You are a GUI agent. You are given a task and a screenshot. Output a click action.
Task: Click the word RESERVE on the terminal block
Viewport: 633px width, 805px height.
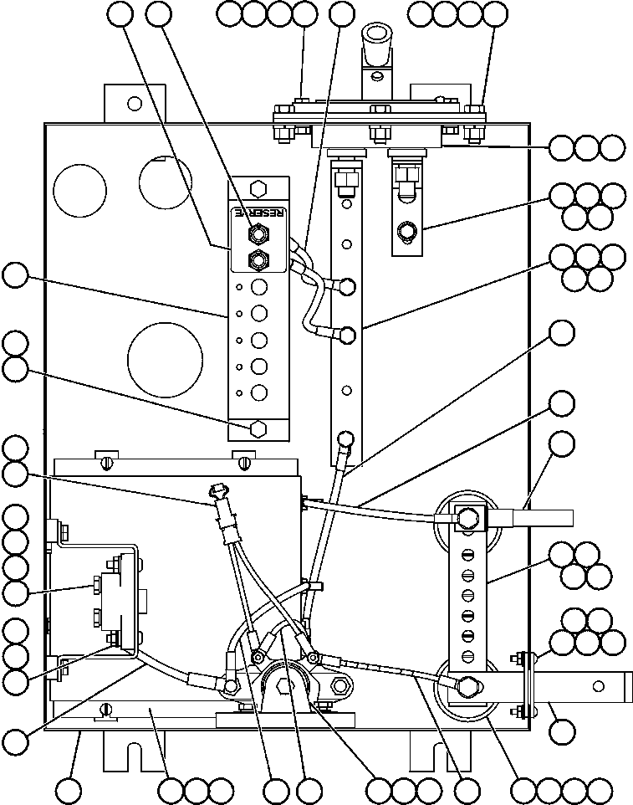pos(258,213)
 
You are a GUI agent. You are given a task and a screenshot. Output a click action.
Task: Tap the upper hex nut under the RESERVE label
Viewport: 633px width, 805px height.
pos(258,234)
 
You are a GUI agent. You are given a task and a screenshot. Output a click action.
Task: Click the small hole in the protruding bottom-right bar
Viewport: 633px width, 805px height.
pos(598,687)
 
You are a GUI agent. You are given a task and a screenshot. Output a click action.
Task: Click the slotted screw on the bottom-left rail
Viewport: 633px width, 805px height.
pos(105,710)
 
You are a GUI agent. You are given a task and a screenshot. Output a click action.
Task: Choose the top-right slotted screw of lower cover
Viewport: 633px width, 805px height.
pos(244,460)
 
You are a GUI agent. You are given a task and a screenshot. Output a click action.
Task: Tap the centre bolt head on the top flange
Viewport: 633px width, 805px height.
pos(379,112)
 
